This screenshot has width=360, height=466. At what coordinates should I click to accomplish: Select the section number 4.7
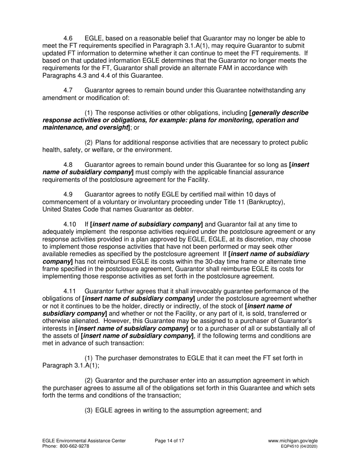(68, 91)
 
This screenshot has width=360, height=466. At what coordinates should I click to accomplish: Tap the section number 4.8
(68, 165)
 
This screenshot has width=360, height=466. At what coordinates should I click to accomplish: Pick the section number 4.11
(70, 291)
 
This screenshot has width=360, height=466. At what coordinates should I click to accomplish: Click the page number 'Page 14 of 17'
(170, 441)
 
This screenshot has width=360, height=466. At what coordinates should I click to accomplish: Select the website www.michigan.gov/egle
(293, 441)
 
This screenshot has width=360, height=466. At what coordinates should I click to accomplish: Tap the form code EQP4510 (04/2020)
(299, 446)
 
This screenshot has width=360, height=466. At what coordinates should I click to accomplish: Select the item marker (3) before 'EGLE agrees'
(88, 410)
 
